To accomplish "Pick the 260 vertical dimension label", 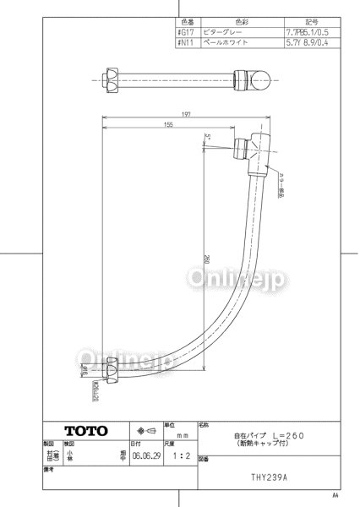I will [207, 259].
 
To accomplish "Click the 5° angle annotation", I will [206, 135].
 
